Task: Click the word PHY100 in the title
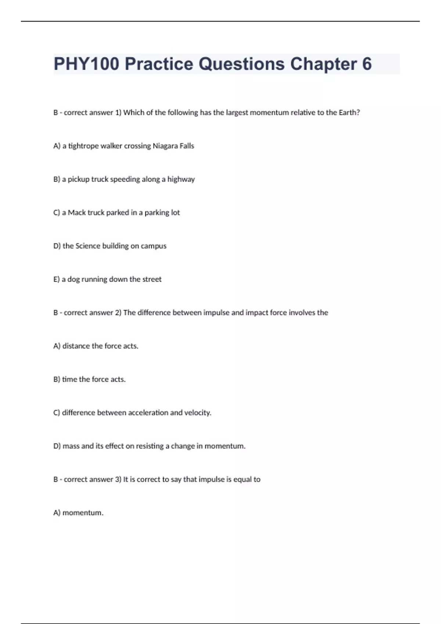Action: (86, 64)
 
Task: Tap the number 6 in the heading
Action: (367, 64)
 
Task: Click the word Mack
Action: (76, 213)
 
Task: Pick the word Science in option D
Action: (87, 246)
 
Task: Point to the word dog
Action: (73, 279)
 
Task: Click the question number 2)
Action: (118, 313)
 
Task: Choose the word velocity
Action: (198, 413)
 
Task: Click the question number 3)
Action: (118, 479)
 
